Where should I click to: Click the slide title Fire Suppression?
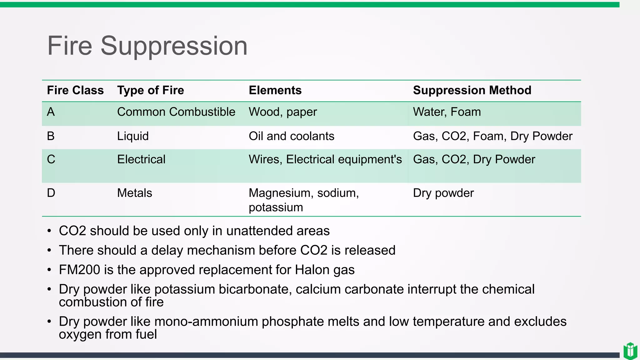[147, 46]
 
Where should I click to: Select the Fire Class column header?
[75, 90]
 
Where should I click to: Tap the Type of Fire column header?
[151, 90]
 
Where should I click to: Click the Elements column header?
[275, 90]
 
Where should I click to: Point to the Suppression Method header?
[472, 90]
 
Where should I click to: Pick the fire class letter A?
[51, 112]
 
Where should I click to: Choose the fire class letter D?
[51, 193]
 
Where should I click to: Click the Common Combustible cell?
[176, 112]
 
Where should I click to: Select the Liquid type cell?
[133, 136]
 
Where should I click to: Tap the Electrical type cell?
[141, 159]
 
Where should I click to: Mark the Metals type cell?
[134, 193]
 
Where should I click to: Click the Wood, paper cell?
[283, 112]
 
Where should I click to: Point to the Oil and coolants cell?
[291, 136]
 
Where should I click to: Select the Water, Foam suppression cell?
[447, 112]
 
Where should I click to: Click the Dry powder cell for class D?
[443, 193]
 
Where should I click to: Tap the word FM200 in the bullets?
[79, 270]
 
